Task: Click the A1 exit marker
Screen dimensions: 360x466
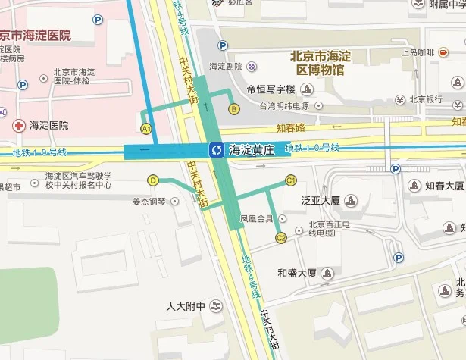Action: (x=146, y=129)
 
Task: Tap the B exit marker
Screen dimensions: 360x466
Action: (x=234, y=109)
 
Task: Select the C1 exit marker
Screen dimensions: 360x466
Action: (x=290, y=180)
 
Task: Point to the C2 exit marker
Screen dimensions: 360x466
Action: (x=280, y=239)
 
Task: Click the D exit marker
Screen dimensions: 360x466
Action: (x=153, y=180)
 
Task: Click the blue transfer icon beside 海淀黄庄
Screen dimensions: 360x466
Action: (x=217, y=150)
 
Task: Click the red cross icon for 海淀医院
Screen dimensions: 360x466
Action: (x=18, y=125)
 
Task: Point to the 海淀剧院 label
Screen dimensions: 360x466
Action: (x=224, y=67)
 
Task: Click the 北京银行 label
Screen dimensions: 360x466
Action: (x=426, y=99)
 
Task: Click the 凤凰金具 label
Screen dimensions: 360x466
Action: (x=256, y=219)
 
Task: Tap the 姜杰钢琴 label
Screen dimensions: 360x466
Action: (x=148, y=202)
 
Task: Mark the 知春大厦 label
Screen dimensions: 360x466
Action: (x=444, y=186)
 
